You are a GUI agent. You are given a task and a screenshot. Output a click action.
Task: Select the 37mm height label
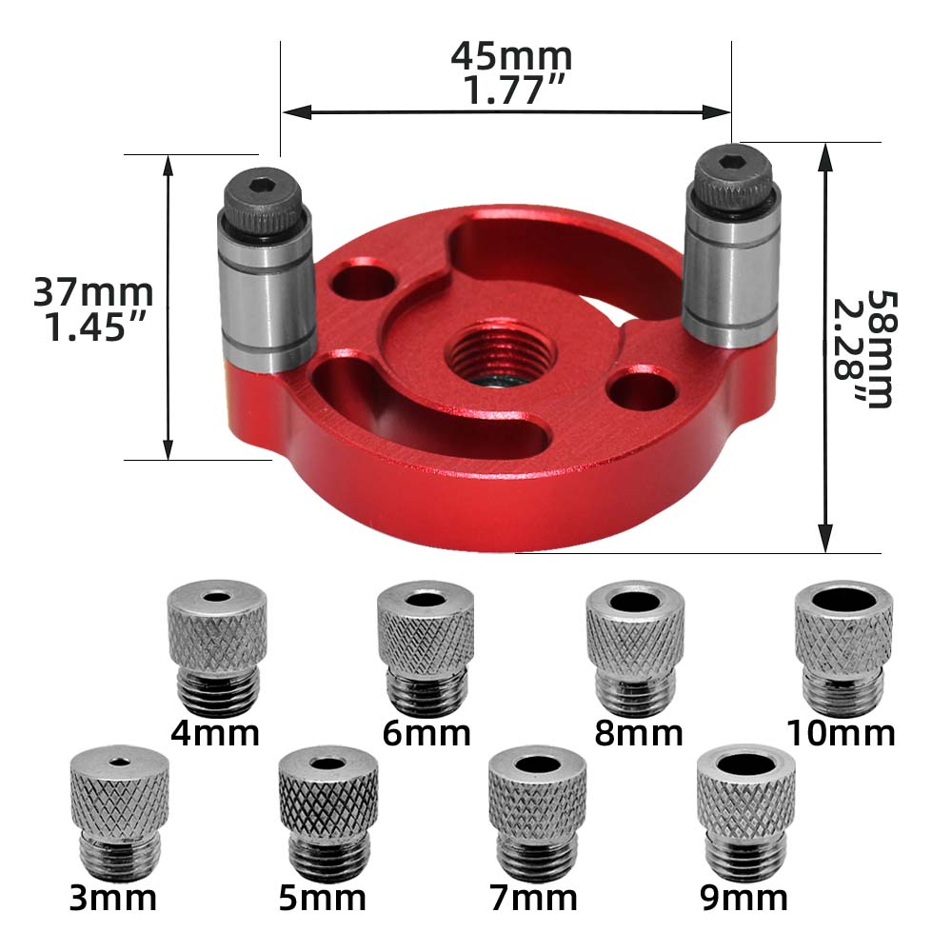pyautogui.click(x=93, y=291)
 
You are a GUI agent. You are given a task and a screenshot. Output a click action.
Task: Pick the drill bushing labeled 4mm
pyautogui.click(x=216, y=647)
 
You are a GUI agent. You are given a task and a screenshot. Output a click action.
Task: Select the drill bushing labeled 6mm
pyautogui.click(x=426, y=647)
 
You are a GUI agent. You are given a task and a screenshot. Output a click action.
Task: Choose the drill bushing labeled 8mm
pyautogui.click(x=635, y=647)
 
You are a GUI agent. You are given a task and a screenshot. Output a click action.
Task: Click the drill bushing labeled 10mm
pyautogui.click(x=843, y=647)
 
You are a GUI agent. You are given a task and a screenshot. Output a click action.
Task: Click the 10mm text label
pyautogui.click(x=841, y=733)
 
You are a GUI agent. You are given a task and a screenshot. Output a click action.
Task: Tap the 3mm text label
pyautogui.click(x=112, y=897)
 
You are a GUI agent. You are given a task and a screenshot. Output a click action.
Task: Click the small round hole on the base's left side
pyautogui.click(x=367, y=280)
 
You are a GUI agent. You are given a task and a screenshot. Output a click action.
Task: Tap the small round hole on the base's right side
pyautogui.click(x=644, y=388)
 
